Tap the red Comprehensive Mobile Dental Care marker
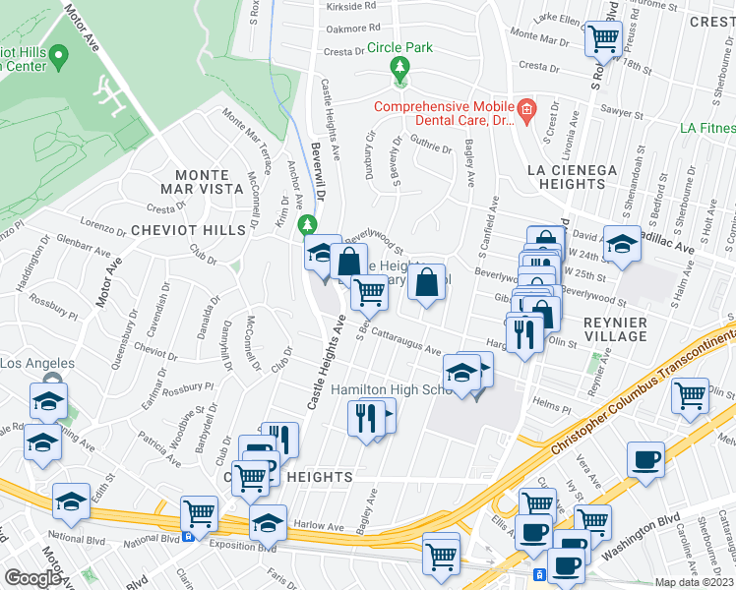[526, 107]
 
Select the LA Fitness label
[707, 128]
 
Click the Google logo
[32, 577]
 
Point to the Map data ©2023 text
[693, 582]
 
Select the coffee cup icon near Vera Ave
[645, 459]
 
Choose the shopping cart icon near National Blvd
[200, 512]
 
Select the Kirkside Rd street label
[351, 5]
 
